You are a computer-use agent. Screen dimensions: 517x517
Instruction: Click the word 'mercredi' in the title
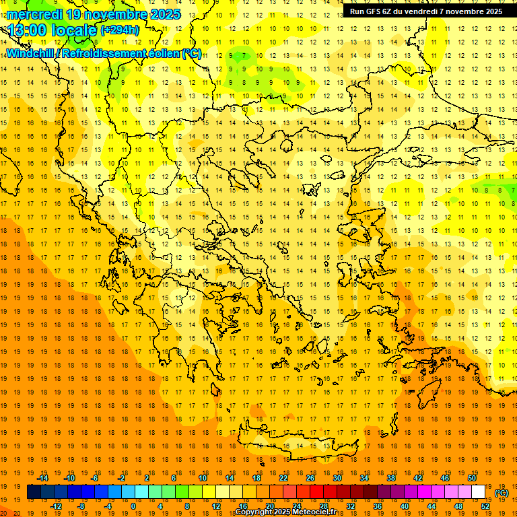35,13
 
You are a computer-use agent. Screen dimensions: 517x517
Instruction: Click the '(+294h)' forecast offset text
120,30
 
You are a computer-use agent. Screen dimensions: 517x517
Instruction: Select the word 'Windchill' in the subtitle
30,53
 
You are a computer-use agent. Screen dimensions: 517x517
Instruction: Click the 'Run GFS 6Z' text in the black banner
369,11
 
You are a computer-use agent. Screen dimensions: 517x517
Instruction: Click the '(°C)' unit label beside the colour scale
502,493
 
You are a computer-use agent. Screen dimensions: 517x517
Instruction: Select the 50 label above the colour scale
471,478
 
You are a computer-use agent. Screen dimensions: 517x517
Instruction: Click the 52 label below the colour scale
485,506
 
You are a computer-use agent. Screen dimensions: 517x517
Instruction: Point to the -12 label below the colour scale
56,506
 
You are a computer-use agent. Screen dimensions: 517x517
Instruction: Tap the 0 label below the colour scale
133,506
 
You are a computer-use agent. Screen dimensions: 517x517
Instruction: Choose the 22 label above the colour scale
283,478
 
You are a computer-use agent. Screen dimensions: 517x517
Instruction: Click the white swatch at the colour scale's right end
479,492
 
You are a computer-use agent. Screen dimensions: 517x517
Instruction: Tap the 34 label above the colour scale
364,478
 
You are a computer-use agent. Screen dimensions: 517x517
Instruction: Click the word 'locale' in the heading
73,30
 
